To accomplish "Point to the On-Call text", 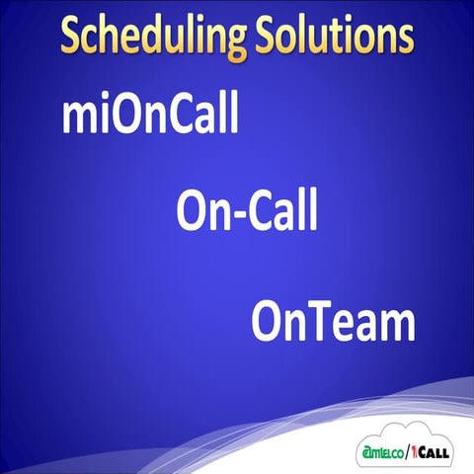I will coord(248,210).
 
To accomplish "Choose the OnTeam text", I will coord(333,321).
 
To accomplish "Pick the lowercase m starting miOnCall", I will coord(78,118).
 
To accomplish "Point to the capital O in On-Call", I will coord(194,210).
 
